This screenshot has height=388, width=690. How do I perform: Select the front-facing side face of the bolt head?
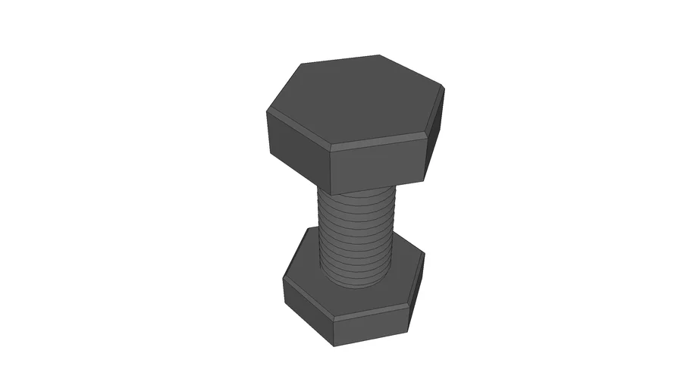(x=377, y=165)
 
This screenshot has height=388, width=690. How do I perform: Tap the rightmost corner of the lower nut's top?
(x=423, y=254)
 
